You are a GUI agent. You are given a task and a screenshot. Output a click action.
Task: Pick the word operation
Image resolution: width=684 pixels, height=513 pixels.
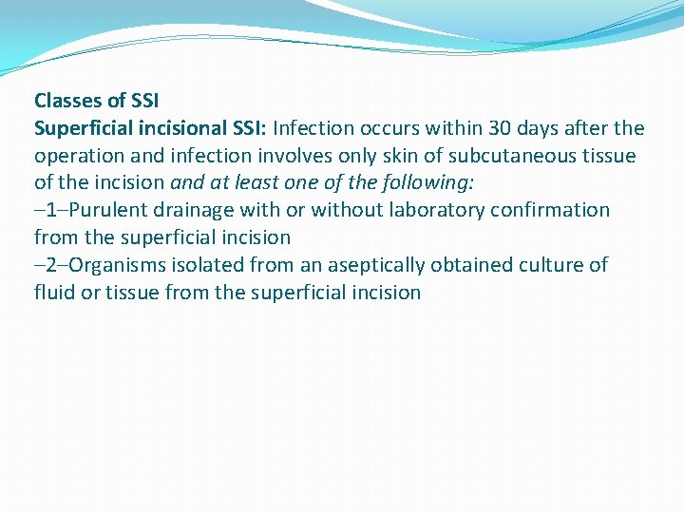(x=80, y=155)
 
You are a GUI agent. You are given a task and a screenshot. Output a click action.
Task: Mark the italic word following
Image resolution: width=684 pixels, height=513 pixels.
(x=424, y=182)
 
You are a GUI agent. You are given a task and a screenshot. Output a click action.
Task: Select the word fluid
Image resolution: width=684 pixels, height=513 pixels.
(x=53, y=293)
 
